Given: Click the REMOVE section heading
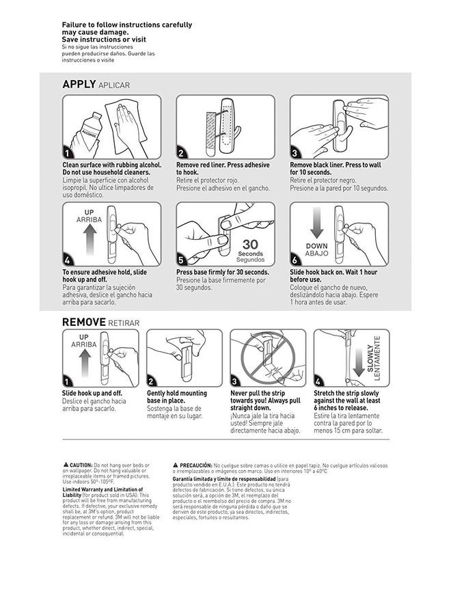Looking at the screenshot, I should click(x=83, y=322).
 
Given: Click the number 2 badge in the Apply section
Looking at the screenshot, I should click(x=181, y=153).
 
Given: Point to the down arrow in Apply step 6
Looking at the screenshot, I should click(x=316, y=226).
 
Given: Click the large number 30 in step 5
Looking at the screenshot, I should click(x=249, y=245).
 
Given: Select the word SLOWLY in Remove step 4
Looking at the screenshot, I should click(x=370, y=358).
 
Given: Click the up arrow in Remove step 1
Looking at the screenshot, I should click(x=84, y=366).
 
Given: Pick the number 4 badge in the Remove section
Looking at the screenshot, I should click(x=318, y=381).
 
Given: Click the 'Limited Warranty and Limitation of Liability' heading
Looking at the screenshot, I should click(x=102, y=492).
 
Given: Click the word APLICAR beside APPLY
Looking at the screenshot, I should click(x=113, y=85).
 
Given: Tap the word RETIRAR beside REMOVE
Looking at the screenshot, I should click(x=124, y=323).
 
